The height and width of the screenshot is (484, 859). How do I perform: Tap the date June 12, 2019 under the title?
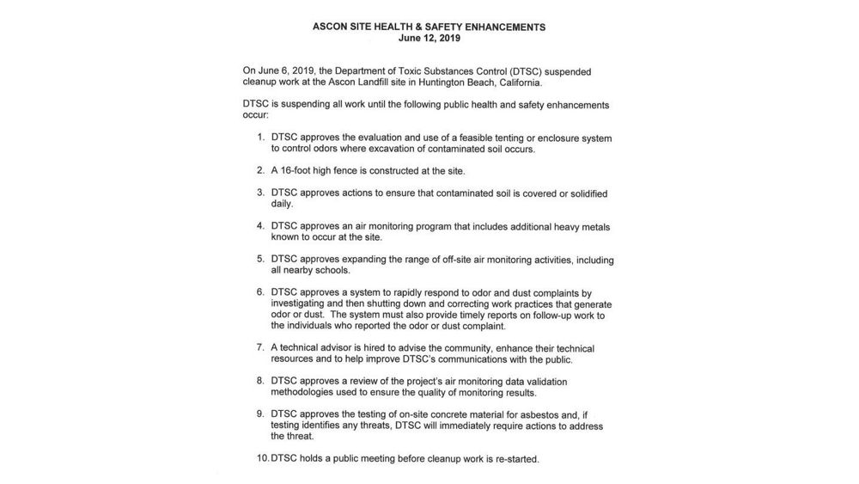(429, 39)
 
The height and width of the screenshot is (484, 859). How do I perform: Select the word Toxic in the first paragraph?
(420, 70)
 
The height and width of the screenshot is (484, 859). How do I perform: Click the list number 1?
(259, 138)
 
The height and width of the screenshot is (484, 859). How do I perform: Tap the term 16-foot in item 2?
(300, 171)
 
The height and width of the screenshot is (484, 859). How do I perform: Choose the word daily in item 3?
(282, 205)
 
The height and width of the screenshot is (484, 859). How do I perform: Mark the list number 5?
(259, 259)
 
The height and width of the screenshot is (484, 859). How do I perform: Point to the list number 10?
(263, 459)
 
